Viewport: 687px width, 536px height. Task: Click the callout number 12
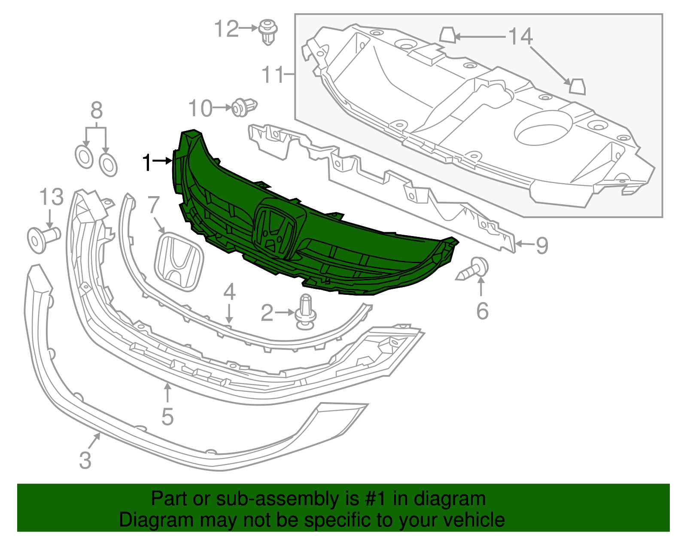(x=226, y=29)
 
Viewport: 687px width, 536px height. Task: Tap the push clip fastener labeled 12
(x=268, y=32)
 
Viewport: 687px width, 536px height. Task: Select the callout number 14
(x=520, y=36)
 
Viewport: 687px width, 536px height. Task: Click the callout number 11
(x=273, y=75)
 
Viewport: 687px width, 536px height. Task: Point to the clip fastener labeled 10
(x=244, y=107)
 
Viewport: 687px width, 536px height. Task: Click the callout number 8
(x=97, y=110)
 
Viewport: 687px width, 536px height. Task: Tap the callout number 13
(x=52, y=197)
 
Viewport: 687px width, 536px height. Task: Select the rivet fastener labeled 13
(x=44, y=239)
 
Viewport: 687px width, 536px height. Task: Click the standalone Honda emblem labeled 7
(x=179, y=262)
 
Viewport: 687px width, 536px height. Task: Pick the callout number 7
(x=153, y=205)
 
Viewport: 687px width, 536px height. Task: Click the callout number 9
(x=542, y=246)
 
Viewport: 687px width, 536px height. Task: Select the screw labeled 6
(x=472, y=269)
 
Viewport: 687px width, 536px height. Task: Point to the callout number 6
(x=483, y=311)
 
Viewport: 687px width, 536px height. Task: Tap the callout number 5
(x=167, y=417)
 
